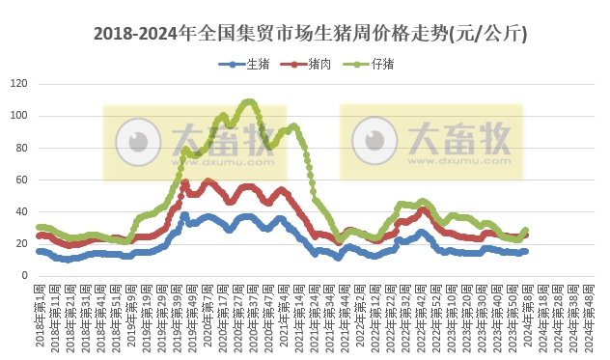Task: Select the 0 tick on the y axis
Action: [23, 275]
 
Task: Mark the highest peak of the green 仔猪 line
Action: [249, 101]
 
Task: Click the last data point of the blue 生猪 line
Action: [525, 251]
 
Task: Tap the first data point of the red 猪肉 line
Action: [39, 235]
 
